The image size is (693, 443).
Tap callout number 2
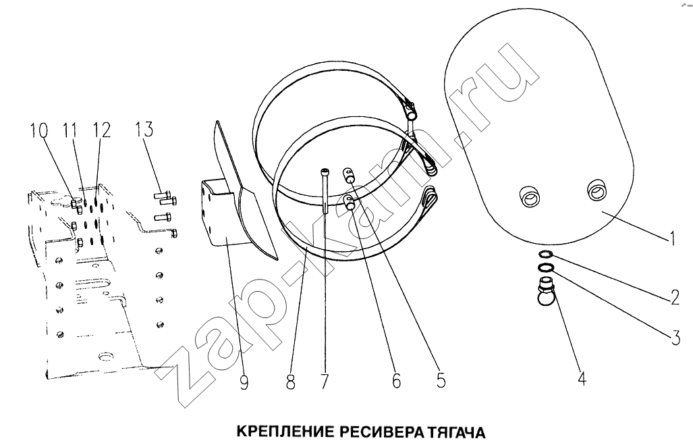pos(675,297)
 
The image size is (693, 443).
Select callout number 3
pos(675,338)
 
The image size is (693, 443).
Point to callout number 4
pos(582,377)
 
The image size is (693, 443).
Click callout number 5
pos(441,380)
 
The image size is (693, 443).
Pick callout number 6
pos(397,380)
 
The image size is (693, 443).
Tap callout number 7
pos(325,381)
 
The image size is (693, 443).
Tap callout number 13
pos(144,129)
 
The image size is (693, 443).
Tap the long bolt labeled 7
pos(325,190)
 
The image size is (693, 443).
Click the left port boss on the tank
pos(529,197)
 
